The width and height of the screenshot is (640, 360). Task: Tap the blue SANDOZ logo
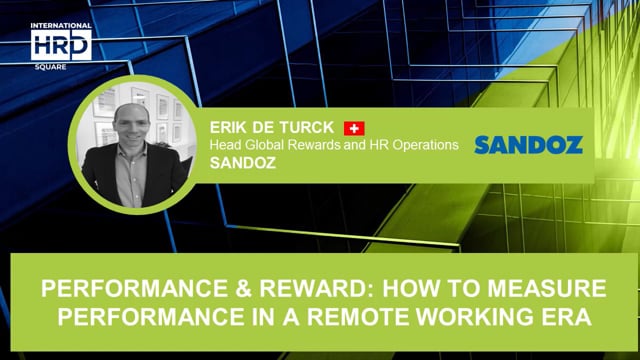pyautogui.click(x=528, y=145)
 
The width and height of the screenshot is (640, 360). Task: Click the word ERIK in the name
pyautogui.click(x=227, y=128)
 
